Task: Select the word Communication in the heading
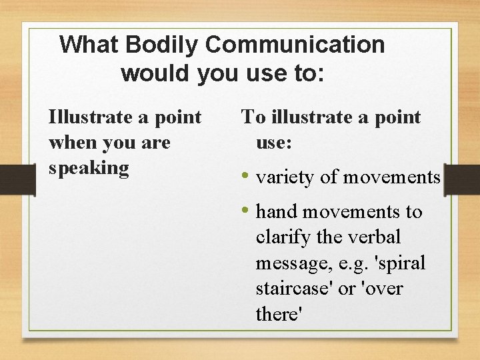[295, 45]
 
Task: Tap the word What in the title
[89, 45]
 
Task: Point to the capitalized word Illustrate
[91, 117]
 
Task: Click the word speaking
[89, 167]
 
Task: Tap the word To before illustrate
[253, 117]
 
